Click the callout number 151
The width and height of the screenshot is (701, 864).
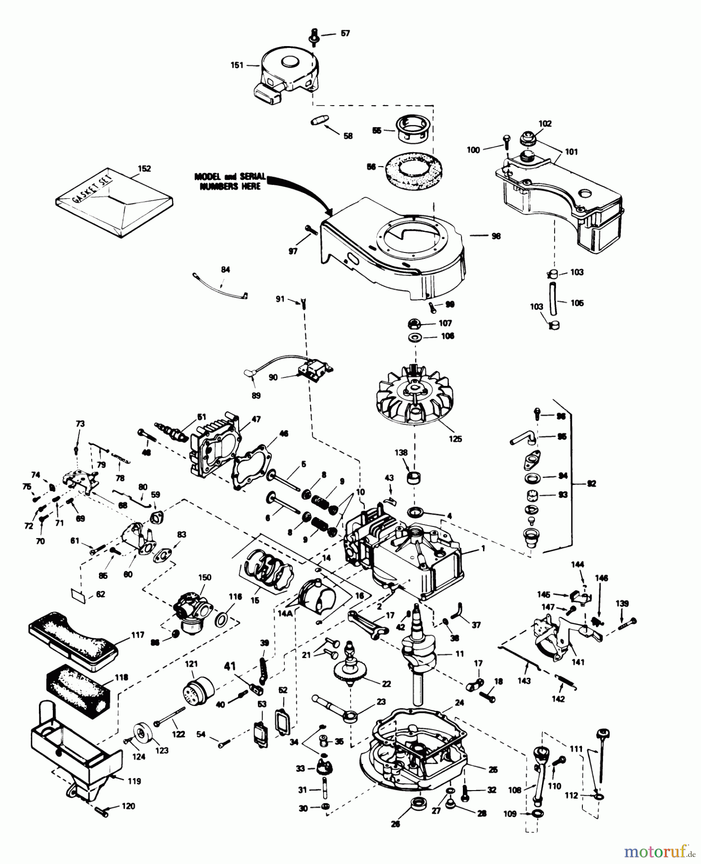[237, 65]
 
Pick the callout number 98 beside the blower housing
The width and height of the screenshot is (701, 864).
[496, 236]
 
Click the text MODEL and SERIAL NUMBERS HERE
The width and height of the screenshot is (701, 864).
[230, 181]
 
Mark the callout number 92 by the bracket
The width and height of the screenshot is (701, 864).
[592, 484]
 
